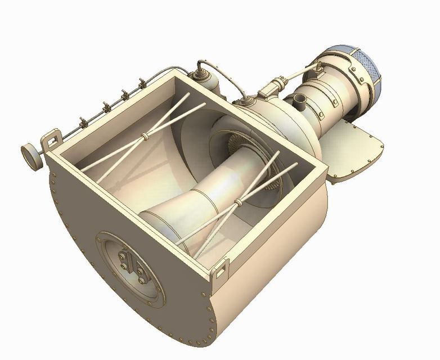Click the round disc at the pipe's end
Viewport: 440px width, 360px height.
pyautogui.click(x=31, y=156)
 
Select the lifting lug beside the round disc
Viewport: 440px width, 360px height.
pyautogui.click(x=52, y=139)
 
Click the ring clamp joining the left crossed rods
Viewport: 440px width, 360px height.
pyautogui.click(x=146, y=136)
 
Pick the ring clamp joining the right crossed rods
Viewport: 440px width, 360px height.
pyautogui.click(x=240, y=201)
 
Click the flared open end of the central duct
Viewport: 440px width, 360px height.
pyautogui.click(x=163, y=225)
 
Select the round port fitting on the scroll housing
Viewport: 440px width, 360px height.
pyautogui.click(x=246, y=102)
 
